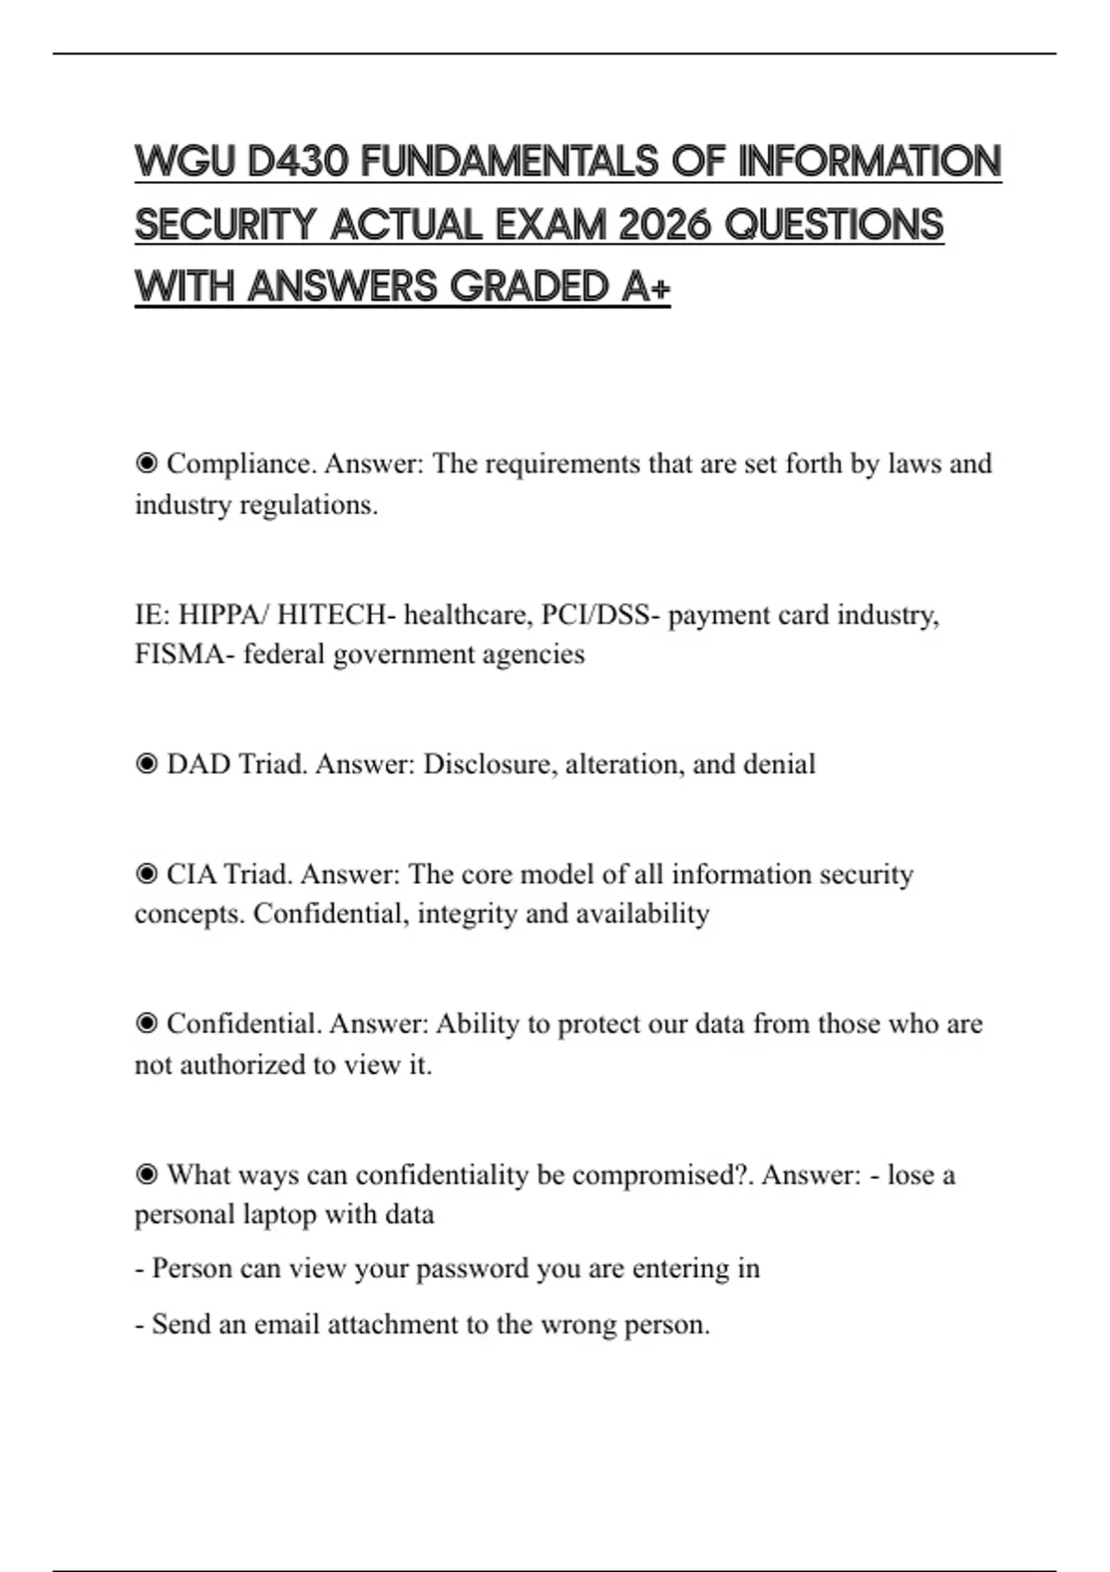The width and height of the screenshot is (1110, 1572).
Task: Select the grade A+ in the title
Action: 646,287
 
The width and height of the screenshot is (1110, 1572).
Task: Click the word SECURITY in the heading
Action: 226,225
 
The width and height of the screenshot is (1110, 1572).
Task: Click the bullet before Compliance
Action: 146,462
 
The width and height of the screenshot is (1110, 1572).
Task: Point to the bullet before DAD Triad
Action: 146,764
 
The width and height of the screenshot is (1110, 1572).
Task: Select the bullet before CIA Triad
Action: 146,874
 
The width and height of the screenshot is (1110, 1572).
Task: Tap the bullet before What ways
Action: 146,1174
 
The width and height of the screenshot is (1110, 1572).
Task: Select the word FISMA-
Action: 184,655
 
